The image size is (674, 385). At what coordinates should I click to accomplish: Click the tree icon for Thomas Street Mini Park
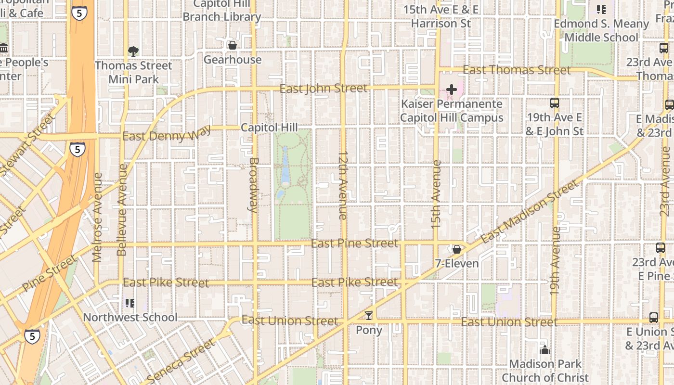coord(133,51)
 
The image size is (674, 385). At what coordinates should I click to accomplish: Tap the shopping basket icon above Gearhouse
coord(233,45)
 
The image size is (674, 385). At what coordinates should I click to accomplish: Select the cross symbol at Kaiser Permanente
coord(452,90)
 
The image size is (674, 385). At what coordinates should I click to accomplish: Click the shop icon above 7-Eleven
coord(456,249)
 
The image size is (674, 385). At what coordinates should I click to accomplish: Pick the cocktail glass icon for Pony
coord(369,316)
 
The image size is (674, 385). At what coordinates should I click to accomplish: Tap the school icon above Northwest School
coord(130,303)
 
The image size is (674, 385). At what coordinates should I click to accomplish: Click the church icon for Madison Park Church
coord(545,350)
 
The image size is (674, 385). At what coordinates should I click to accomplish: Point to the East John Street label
coord(323,89)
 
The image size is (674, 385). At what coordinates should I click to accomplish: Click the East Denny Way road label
coord(167,136)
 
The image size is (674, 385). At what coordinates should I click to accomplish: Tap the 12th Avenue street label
coord(343,185)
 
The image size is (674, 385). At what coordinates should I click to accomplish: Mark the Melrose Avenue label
coord(98,217)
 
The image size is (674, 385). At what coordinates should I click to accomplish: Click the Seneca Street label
coord(181,361)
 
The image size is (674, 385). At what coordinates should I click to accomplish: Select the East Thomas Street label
coord(517,70)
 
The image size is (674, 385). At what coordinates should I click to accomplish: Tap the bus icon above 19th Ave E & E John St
coord(555,103)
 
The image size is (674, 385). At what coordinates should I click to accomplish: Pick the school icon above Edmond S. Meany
coord(601,10)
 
